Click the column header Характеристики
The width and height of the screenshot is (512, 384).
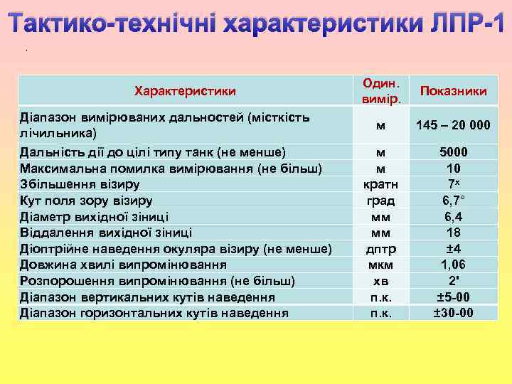point(185,91)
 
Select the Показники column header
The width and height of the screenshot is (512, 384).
point(453,91)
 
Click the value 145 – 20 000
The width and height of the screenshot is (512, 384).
point(453,125)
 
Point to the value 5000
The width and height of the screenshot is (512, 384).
point(453,152)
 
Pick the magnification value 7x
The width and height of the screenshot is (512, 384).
point(453,185)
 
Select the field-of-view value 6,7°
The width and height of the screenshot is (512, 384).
point(453,201)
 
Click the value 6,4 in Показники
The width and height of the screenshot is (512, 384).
point(453,217)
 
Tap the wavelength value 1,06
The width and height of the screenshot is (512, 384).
point(453,265)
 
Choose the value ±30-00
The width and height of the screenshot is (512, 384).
point(453,313)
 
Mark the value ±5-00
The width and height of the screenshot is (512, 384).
point(453,297)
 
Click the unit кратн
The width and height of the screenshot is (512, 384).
point(381,185)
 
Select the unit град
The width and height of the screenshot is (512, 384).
point(381,201)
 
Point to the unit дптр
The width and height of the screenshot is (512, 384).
point(381,249)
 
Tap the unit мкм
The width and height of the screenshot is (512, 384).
point(381,265)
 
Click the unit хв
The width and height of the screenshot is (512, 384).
point(381,281)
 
